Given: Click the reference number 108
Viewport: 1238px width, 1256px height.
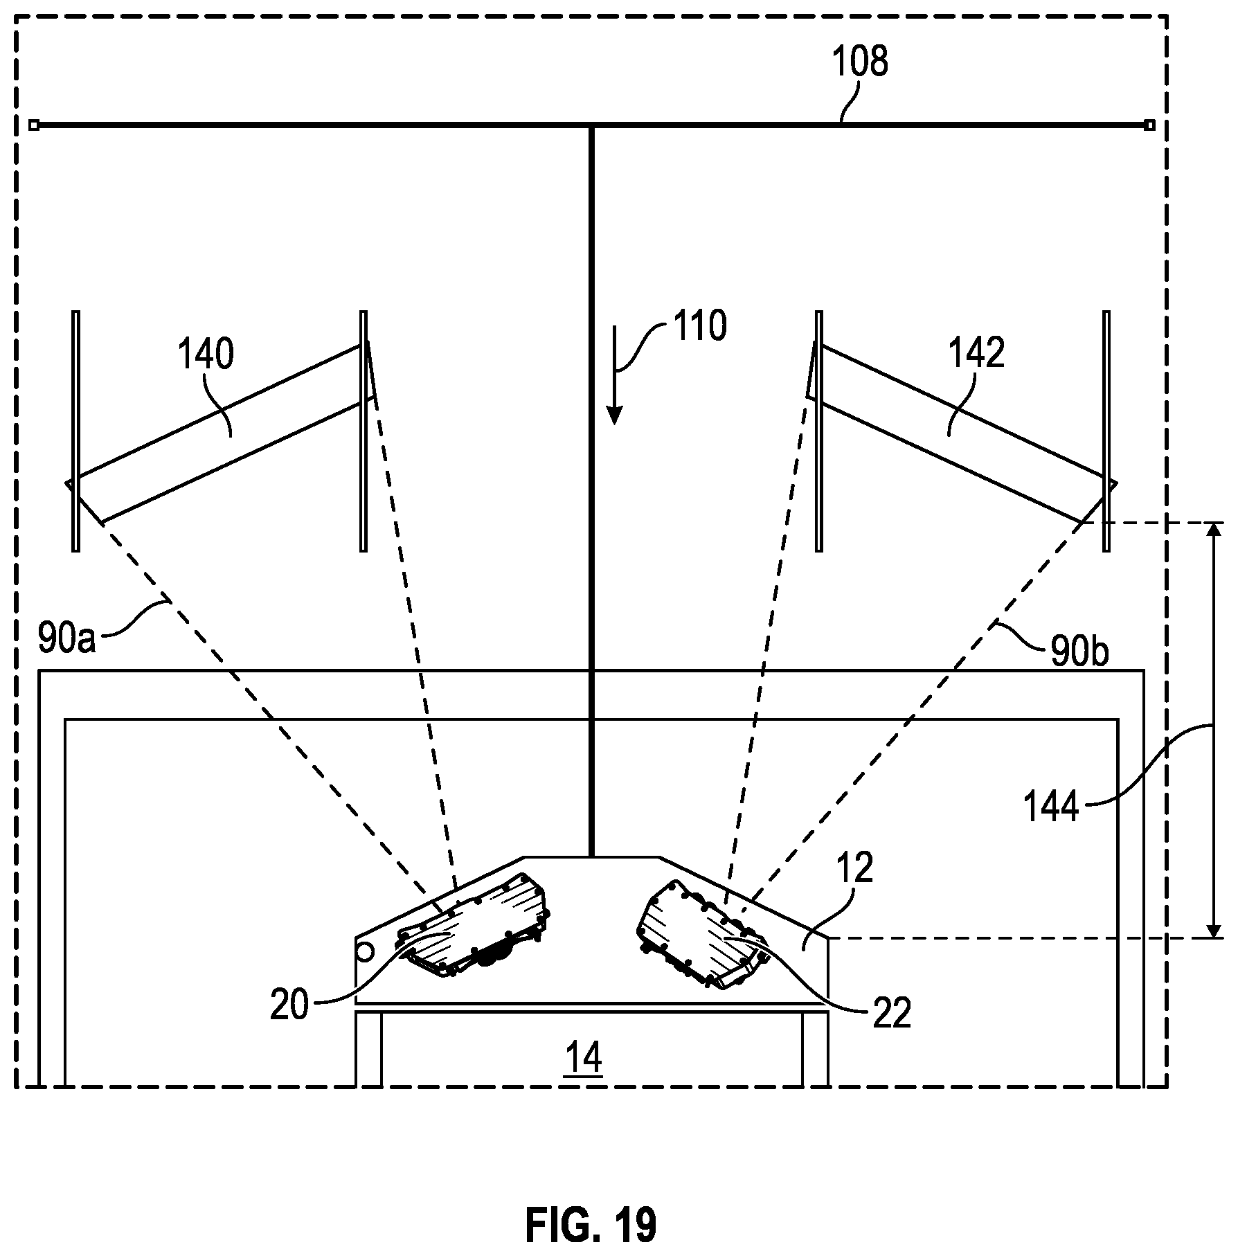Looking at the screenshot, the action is (859, 62).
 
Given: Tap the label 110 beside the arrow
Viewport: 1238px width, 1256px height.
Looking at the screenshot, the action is (700, 326).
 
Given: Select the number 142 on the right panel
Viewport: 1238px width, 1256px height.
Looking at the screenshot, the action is (976, 353).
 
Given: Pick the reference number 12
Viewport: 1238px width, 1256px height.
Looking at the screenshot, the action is (854, 868).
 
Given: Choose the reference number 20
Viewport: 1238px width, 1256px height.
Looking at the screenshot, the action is (289, 1005).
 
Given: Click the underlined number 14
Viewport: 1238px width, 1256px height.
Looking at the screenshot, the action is (584, 1058).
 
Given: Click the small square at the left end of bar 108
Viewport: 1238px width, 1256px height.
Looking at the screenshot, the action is (34, 125).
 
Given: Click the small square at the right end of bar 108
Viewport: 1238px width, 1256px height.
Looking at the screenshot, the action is (1150, 125).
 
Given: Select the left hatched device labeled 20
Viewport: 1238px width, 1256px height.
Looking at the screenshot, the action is (473, 925).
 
